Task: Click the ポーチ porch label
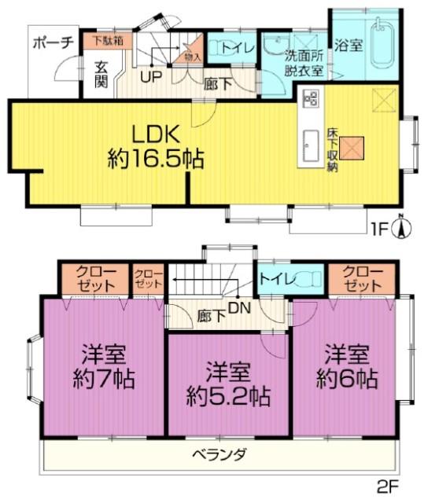[53, 43]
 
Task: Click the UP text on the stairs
[147, 77]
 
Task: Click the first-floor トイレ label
[237, 48]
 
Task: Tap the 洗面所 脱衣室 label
[303, 62]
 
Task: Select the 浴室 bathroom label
[347, 46]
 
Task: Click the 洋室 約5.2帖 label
[229, 382]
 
